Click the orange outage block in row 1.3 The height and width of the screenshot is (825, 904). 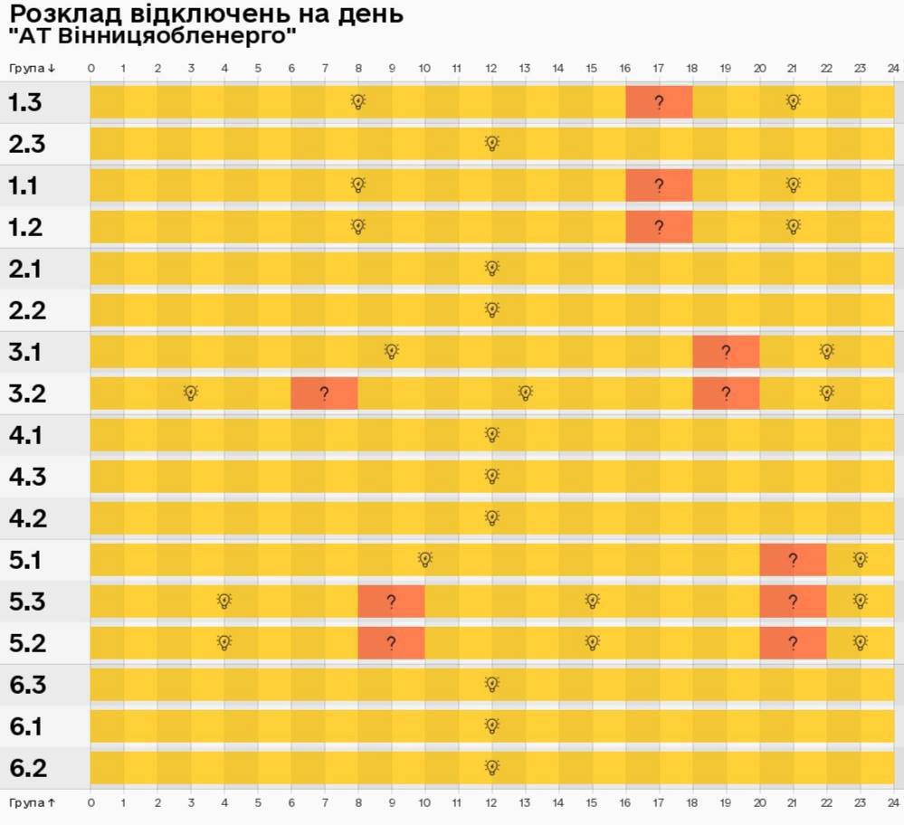(659, 102)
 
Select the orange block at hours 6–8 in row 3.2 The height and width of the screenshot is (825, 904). (324, 394)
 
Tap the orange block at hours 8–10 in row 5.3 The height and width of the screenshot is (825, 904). (391, 602)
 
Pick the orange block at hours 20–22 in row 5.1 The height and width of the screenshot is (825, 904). (793, 560)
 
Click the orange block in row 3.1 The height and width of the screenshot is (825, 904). (726, 352)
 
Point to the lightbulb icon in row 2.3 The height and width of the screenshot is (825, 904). (491, 143)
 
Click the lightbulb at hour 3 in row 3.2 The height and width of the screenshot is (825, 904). (190, 393)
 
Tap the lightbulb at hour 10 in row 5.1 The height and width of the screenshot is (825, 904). (424, 559)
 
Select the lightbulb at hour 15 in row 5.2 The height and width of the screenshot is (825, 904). (592, 642)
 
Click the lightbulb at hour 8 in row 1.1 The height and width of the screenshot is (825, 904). (357, 185)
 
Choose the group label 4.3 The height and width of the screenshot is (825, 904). (27, 477)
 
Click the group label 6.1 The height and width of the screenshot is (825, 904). (26, 726)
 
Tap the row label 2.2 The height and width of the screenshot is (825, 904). (26, 310)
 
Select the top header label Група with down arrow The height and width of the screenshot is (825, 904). (33, 68)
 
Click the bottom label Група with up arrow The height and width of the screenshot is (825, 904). (33, 802)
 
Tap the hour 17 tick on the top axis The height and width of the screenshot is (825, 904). (659, 68)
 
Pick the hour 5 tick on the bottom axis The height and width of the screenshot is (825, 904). (258, 802)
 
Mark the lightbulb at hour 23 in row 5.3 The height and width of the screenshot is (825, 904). (860, 601)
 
